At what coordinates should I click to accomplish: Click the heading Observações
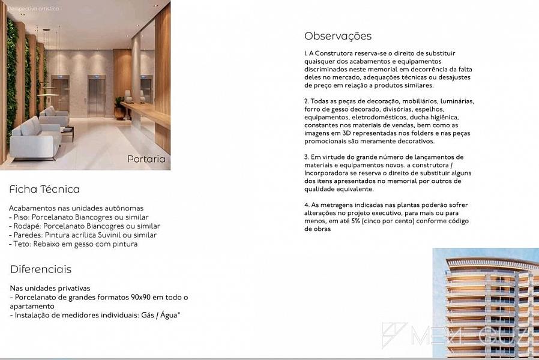[x=337, y=36]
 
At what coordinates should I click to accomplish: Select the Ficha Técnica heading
[x=44, y=189]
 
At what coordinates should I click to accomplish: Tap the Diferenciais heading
[x=41, y=269]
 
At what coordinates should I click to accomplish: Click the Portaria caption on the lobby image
[x=146, y=159]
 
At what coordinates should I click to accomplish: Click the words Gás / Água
[x=158, y=315]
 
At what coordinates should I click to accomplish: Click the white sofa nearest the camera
[x=35, y=138]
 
